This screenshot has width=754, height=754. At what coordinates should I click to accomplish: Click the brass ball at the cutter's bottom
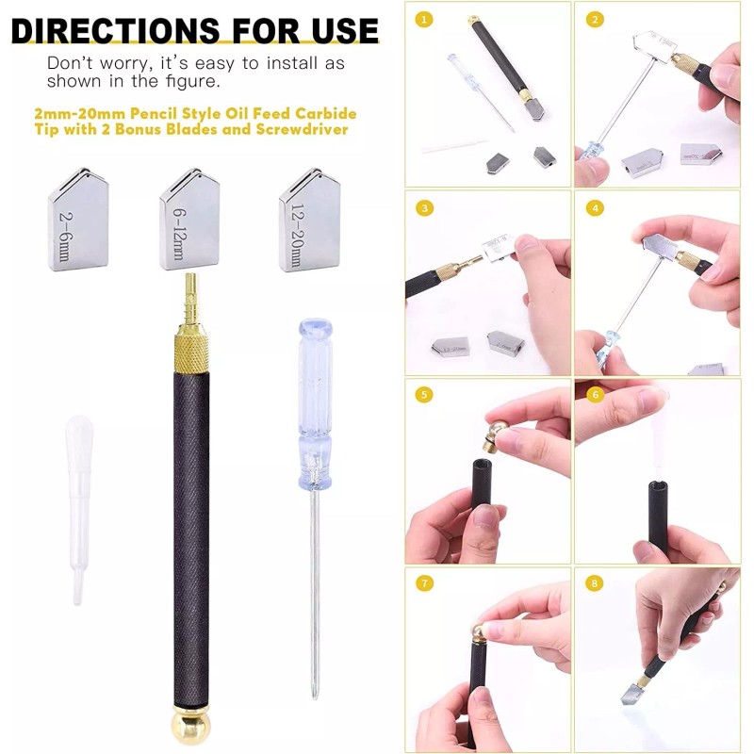[x=199, y=725]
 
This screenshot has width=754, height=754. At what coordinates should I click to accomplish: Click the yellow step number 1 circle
[x=426, y=19]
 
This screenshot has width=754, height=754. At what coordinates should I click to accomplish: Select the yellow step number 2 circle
[x=594, y=19]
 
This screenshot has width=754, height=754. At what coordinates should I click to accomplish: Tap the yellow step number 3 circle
[x=426, y=207]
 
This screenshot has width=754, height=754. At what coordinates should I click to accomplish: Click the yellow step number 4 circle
[x=594, y=207]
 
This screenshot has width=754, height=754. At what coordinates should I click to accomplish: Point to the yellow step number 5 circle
[x=426, y=396]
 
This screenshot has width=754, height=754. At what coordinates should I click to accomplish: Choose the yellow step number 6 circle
[x=594, y=396]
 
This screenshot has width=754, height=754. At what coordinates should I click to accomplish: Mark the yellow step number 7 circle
[x=426, y=583]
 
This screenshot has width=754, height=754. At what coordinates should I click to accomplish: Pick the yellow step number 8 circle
[x=594, y=583]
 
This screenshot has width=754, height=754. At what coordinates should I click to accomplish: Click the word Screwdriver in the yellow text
[x=303, y=129]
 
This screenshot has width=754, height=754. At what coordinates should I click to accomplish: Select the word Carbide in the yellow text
[x=326, y=113]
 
